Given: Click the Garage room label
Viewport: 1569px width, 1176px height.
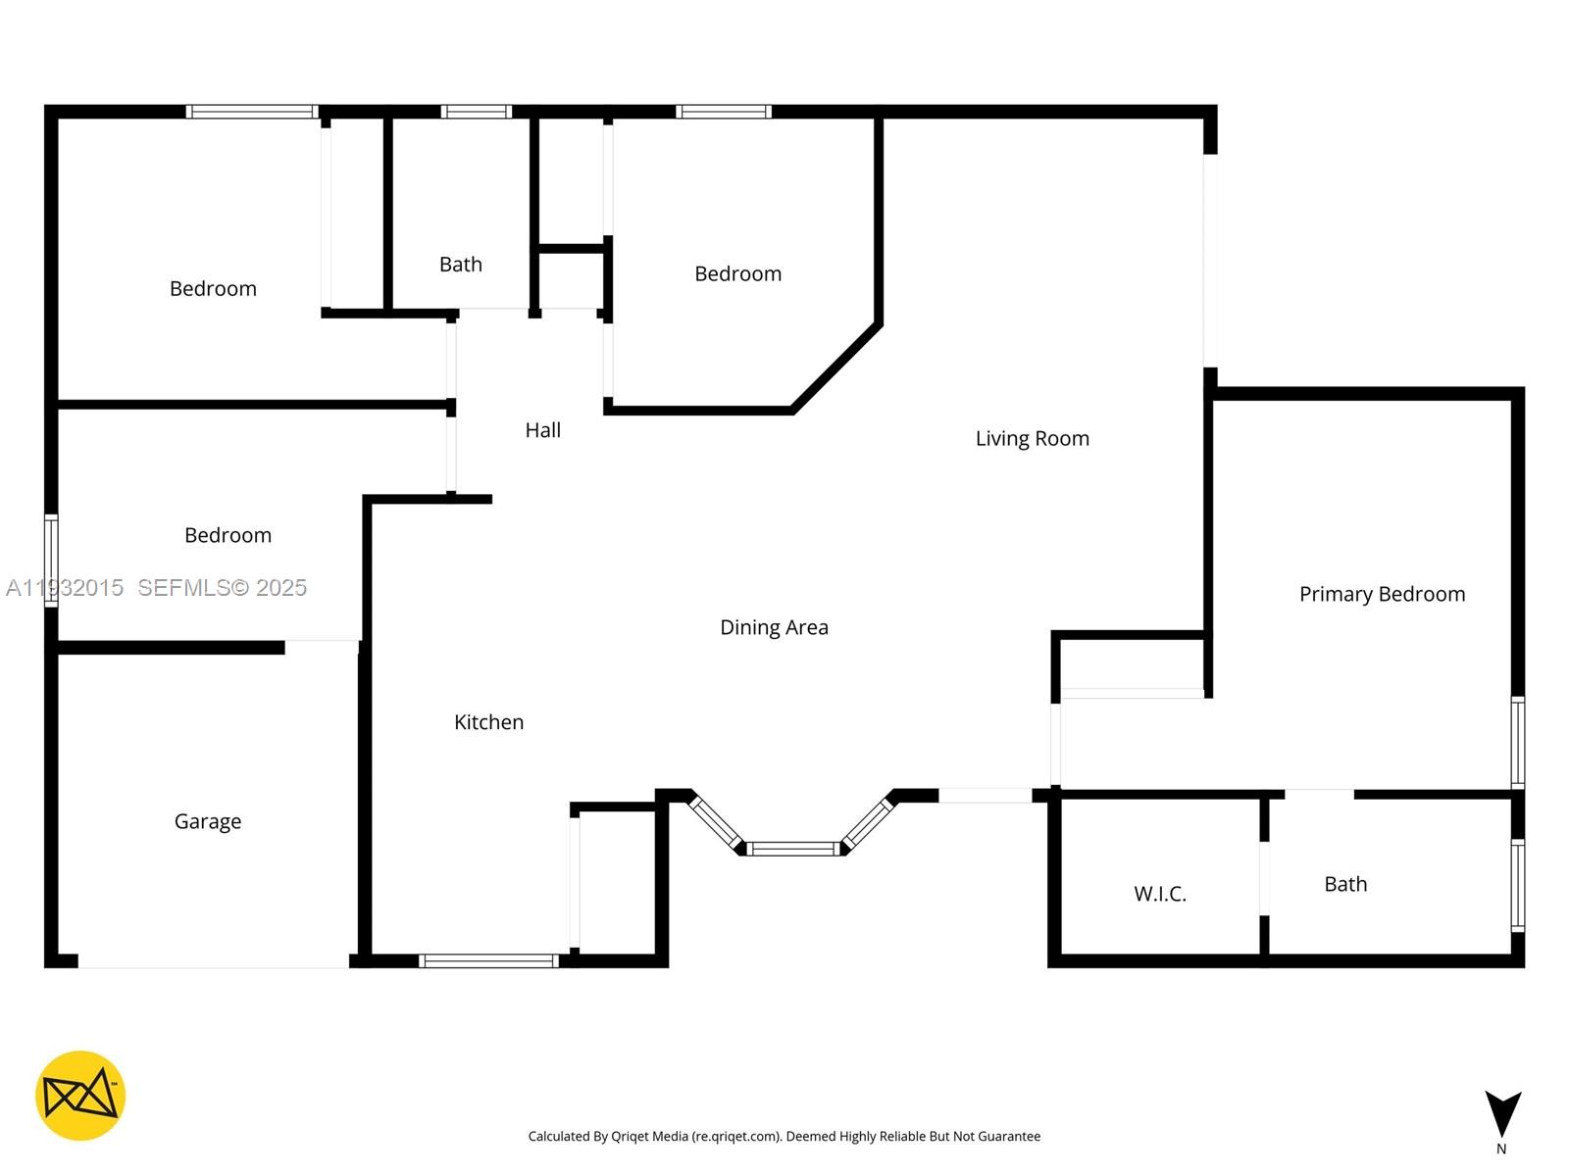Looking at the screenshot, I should tap(208, 821).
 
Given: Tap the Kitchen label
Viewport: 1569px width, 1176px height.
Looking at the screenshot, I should tap(488, 722).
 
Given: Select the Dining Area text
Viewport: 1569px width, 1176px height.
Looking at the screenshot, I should tap(774, 627).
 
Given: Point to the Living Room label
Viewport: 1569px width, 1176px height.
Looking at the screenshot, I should tap(1032, 438).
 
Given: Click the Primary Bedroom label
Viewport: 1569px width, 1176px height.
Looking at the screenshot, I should tap(1382, 594).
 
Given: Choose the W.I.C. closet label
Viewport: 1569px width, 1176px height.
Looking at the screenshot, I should tap(1160, 894).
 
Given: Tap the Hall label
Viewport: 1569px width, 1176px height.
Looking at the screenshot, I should tap(542, 430).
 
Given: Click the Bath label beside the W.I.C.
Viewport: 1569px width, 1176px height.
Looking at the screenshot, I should tap(1345, 884).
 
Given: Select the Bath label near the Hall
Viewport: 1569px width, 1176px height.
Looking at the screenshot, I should tap(460, 265).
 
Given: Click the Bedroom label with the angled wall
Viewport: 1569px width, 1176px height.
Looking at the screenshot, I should tap(737, 273).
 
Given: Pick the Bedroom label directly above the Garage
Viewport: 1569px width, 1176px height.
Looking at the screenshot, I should tap(228, 535).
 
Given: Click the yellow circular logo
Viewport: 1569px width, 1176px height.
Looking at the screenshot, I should tap(80, 1096).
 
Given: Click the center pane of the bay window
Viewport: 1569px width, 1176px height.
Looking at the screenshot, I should tap(794, 849).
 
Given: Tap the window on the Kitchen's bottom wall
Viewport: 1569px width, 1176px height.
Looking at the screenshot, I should tap(488, 960).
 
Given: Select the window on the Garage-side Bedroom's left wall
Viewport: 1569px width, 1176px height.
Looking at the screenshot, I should tap(51, 561).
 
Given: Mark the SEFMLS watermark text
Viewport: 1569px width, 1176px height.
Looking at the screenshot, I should tap(222, 587).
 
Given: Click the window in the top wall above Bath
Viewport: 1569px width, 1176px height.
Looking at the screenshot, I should tap(476, 112).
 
